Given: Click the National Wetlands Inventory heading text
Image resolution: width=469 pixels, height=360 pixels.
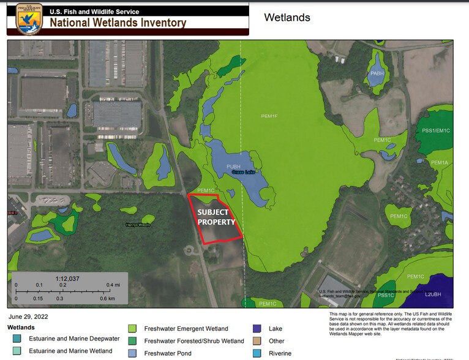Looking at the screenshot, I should coord(118,23).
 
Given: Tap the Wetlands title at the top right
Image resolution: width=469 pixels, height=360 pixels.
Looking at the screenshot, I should coord(287,18).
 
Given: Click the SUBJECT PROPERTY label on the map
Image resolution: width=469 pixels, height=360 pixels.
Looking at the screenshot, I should coord(217,217).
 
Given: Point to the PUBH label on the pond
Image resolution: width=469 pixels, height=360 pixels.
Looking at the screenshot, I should coord(234,166).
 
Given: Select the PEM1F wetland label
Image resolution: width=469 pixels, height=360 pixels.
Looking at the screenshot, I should coord(269,115).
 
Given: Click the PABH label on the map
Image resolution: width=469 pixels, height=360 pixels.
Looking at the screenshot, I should coord(377,73).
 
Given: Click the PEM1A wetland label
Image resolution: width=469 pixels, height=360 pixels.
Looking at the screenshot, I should coord(440,162).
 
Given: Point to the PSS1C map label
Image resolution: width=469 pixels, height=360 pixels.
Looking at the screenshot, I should coord(386,295).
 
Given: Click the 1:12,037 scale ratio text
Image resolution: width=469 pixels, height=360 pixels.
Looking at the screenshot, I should coord(68,279).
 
